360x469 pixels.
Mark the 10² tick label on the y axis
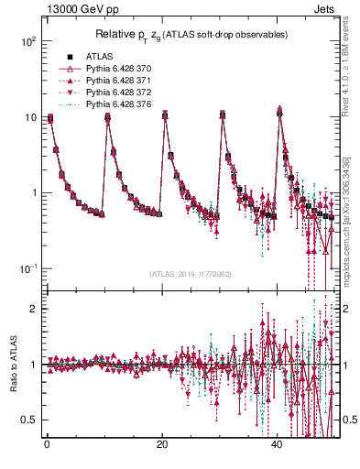pyautogui.click(x=28, y=42)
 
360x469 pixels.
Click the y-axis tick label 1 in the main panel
pyautogui.click(x=34, y=193)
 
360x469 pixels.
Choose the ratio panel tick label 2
pyautogui.click(x=34, y=309)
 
